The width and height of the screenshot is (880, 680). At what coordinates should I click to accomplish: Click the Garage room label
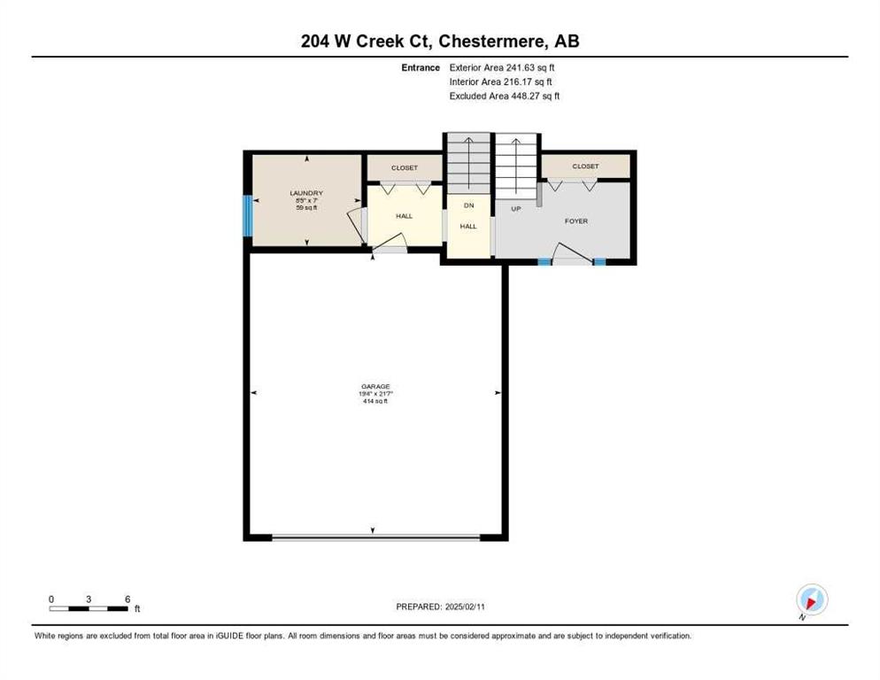pyautogui.click(x=375, y=386)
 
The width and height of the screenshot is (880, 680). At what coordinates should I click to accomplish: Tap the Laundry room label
pyautogui.click(x=306, y=193)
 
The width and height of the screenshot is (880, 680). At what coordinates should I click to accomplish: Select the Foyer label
pyautogui.click(x=576, y=221)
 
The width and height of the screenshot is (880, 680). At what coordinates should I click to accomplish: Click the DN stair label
pyautogui.click(x=468, y=205)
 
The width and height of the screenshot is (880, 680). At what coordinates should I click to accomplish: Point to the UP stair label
pyautogui.click(x=516, y=209)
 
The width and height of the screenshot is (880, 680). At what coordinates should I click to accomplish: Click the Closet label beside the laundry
pyautogui.click(x=405, y=168)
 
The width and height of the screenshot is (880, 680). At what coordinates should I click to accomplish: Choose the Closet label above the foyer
pyautogui.click(x=585, y=166)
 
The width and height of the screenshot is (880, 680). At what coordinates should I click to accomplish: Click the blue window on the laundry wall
pyautogui.click(x=248, y=216)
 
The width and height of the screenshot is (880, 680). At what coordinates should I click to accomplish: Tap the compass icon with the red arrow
pyautogui.click(x=812, y=599)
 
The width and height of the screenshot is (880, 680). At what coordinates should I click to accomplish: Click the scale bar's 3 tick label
pyautogui.click(x=89, y=599)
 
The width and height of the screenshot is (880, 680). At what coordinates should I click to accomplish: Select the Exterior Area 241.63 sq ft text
pyautogui.click(x=502, y=67)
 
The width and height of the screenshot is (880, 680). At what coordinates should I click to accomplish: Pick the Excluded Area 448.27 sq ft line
pyautogui.click(x=505, y=96)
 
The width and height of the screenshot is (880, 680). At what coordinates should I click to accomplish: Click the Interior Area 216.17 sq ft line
pyautogui.click(x=500, y=82)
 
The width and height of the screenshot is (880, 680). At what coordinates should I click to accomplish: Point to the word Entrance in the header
pyautogui.click(x=421, y=67)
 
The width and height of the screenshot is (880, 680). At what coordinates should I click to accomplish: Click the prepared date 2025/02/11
pyautogui.click(x=465, y=607)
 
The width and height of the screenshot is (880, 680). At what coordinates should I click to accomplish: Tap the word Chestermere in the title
pyautogui.click(x=491, y=42)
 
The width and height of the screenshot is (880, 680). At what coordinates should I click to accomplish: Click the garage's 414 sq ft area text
pyautogui.click(x=375, y=401)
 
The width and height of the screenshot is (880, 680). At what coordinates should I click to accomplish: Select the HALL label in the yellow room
pyautogui.click(x=404, y=216)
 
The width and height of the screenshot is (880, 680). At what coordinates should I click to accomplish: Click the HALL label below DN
pyautogui.click(x=468, y=227)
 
